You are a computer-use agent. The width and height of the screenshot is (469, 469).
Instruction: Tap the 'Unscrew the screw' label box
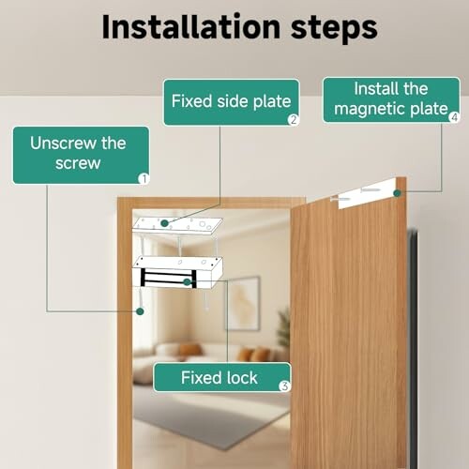[80, 154]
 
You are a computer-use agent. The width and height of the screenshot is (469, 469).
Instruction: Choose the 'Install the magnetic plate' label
[390, 99]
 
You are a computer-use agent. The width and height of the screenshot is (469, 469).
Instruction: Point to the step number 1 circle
[144, 176]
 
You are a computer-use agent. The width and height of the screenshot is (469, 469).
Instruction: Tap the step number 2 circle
[294, 119]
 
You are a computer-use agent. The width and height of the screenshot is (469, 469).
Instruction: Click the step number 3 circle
[284, 385]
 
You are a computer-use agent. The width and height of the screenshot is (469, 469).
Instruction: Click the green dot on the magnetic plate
[398, 193]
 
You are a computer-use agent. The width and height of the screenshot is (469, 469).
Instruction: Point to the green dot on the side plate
[165, 223]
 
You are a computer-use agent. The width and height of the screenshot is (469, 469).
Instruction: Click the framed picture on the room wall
[243, 303]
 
